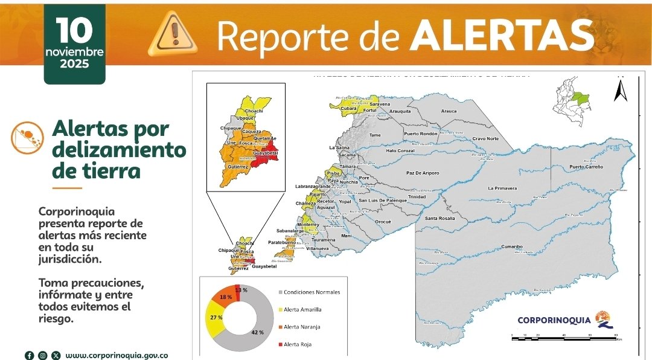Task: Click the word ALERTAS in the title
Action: (502, 36)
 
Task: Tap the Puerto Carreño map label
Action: (586, 167)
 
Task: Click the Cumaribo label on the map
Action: (511, 246)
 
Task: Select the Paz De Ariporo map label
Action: (423, 173)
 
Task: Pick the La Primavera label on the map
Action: (502, 188)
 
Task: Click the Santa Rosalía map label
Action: (439, 218)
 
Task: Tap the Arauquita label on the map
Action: (400, 111)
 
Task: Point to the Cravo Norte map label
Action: (485, 138)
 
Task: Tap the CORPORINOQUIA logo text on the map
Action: (554, 320)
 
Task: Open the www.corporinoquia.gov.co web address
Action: (117, 355)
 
